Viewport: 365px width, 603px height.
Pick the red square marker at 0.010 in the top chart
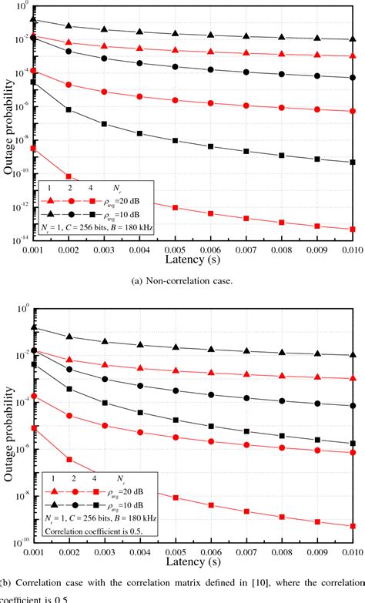click(352, 229)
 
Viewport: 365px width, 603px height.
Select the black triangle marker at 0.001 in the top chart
click(33, 20)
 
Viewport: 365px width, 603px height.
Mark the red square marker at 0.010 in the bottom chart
click(352, 526)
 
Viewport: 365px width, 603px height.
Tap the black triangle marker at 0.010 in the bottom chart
click(352, 355)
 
